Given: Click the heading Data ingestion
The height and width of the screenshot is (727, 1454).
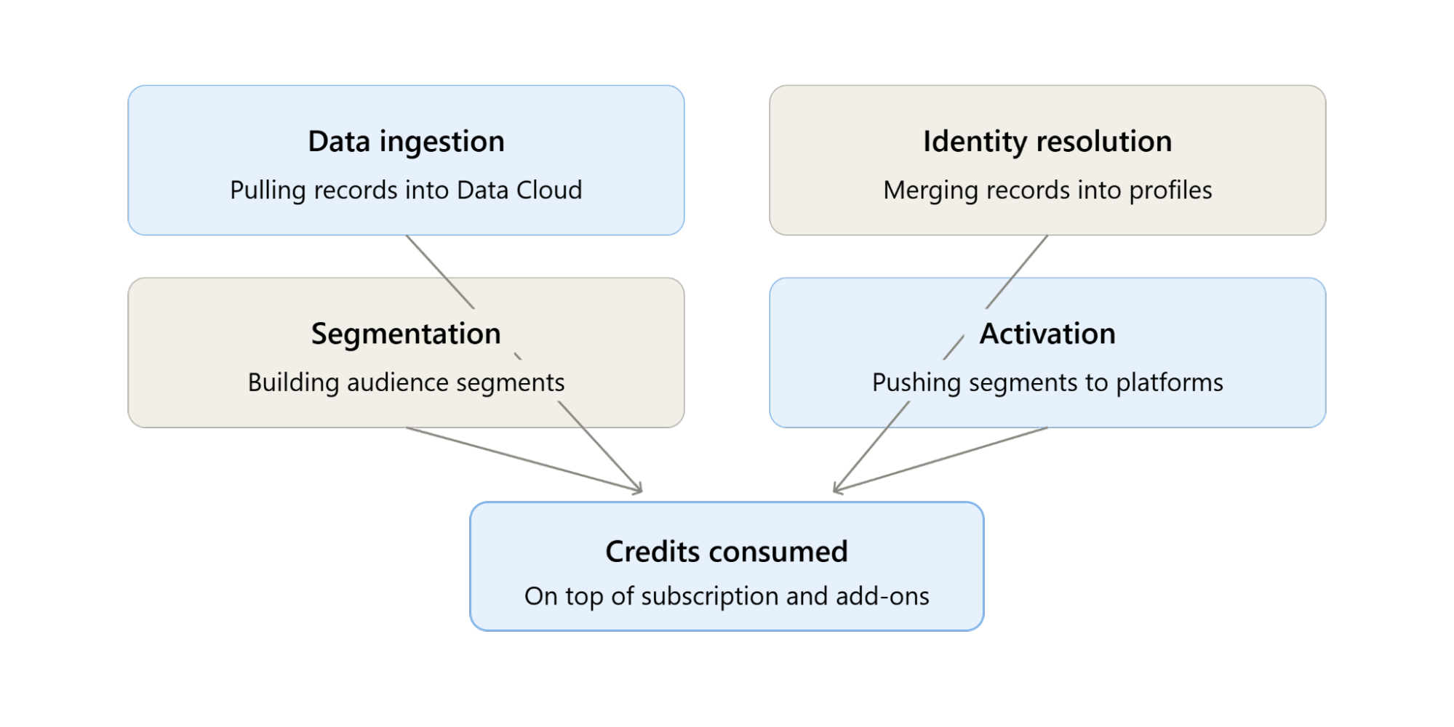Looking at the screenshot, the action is point(406,142).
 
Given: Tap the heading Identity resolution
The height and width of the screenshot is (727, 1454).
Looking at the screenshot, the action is point(1047,142).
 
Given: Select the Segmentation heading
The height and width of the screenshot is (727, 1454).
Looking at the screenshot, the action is point(406,334).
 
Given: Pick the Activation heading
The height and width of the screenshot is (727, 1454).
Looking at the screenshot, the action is point(1047,334).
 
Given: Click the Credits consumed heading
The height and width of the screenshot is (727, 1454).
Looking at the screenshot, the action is point(727,552).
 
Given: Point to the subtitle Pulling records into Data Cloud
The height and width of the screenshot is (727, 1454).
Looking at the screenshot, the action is point(406,190).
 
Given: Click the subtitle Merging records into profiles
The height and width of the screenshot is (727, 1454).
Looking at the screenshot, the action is point(1047,190).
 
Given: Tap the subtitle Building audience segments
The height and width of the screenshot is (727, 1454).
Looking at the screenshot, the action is point(406,383).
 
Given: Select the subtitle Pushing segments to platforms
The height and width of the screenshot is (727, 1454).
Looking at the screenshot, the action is point(1047,383).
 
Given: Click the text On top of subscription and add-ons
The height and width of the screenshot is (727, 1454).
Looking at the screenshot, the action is point(727,597).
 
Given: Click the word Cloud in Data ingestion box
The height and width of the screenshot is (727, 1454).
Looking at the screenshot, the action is point(549,190).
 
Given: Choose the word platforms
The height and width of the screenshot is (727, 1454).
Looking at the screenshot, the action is point(1170,383).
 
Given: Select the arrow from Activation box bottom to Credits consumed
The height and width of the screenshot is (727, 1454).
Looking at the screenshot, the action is point(940,460).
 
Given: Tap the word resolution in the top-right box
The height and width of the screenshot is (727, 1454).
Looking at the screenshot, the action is point(1101,142).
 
